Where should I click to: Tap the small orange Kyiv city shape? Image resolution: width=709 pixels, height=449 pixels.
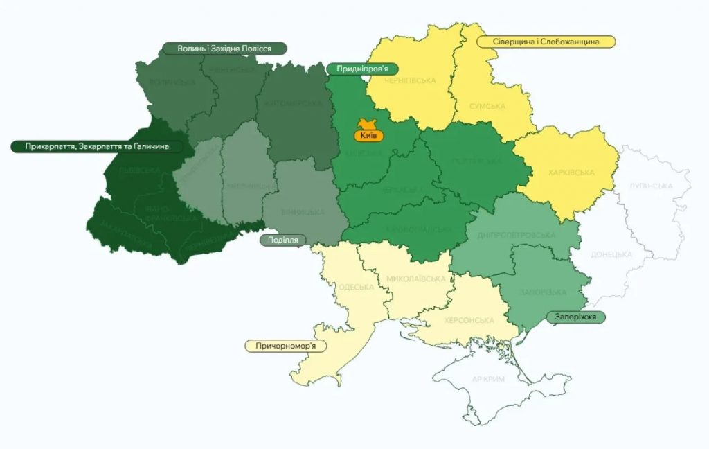pyautogui.click(x=366, y=123)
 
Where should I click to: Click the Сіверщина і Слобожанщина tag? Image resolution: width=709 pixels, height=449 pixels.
pyautogui.click(x=546, y=42)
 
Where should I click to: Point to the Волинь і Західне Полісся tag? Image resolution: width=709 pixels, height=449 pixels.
pyautogui.click(x=224, y=49)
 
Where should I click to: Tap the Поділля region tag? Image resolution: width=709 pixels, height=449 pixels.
pyautogui.click(x=283, y=240)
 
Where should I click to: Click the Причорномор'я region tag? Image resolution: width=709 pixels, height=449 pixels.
pyautogui.click(x=285, y=345)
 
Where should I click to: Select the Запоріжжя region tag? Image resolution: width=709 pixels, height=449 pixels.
pyautogui.click(x=575, y=317)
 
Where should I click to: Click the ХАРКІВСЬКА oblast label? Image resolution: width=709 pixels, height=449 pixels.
pyautogui.click(x=572, y=173)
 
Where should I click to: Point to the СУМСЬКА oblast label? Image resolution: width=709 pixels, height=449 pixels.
pyautogui.click(x=487, y=107)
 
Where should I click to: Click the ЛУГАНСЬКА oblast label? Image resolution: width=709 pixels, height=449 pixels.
pyautogui.click(x=651, y=186)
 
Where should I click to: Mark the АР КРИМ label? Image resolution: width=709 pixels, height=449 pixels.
pyautogui.click(x=487, y=380)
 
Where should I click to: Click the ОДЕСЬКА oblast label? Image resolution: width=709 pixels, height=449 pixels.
pyautogui.click(x=357, y=287)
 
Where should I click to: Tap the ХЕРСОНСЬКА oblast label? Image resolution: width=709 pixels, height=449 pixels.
pyautogui.click(x=470, y=320)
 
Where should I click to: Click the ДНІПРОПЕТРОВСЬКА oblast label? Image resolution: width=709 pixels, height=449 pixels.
pyautogui.click(x=516, y=235)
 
